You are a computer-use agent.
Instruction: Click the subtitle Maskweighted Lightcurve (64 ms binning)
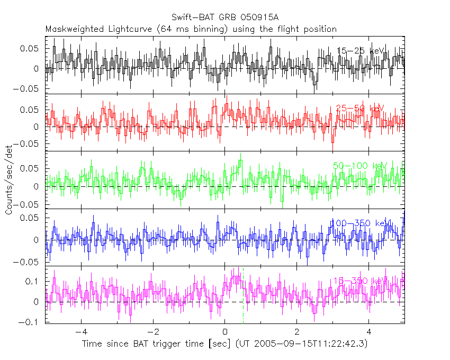137,29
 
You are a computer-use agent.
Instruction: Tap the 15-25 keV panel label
360,51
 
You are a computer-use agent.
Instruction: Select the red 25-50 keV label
359,109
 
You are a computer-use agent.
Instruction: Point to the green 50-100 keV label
360,166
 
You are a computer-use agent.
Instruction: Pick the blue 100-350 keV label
360,223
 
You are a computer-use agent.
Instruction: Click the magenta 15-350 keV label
360,281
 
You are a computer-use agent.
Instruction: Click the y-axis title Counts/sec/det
9,180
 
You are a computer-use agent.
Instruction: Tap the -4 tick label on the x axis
80,332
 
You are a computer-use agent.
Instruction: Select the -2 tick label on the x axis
152,332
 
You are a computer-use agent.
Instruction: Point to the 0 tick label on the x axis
225,332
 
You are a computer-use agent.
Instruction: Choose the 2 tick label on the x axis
297,332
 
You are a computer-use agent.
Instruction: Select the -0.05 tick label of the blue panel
30,262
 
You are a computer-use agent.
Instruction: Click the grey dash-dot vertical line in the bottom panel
243,312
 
